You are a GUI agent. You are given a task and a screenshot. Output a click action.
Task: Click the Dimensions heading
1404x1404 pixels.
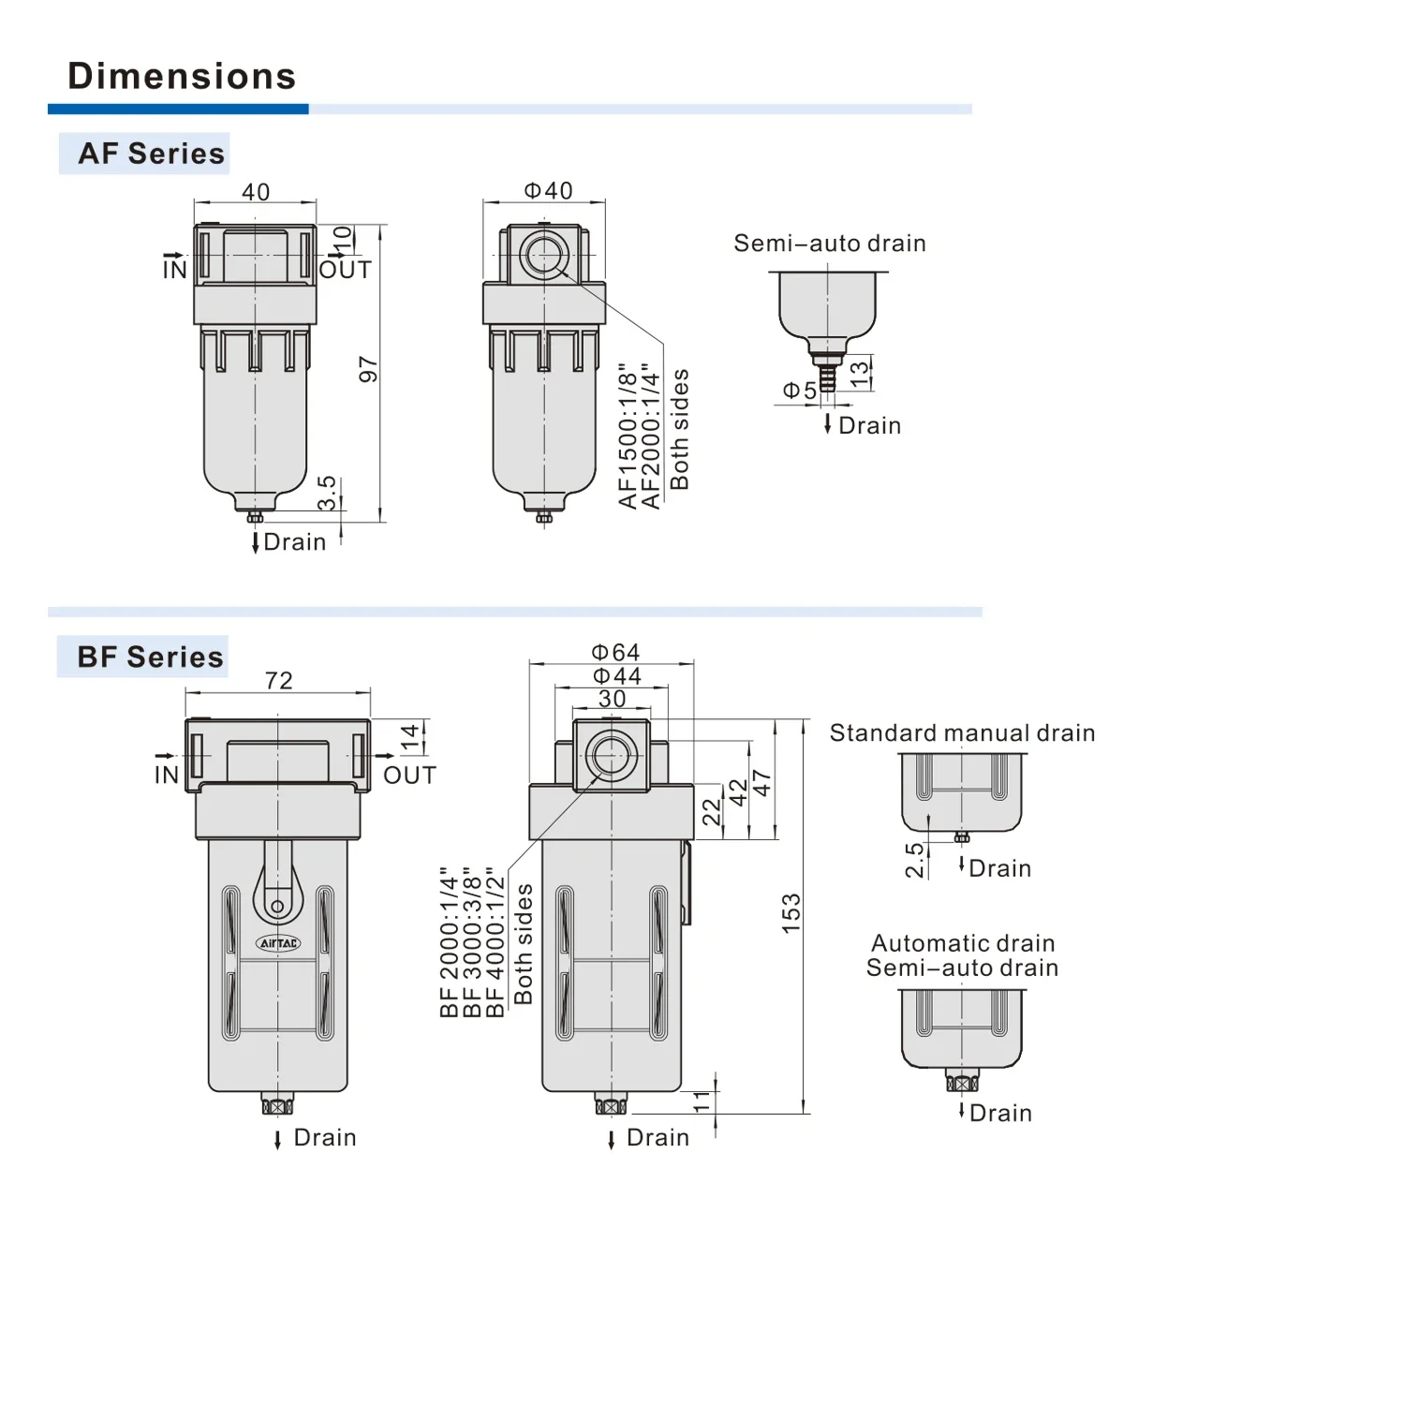click(x=182, y=76)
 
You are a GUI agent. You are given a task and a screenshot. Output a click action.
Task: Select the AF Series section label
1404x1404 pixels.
click(x=151, y=154)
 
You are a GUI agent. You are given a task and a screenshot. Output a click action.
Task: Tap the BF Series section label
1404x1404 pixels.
click(x=150, y=657)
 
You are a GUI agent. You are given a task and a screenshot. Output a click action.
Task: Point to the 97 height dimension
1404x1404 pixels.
click(x=368, y=369)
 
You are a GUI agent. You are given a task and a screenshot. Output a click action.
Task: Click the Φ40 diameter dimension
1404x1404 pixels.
click(x=548, y=191)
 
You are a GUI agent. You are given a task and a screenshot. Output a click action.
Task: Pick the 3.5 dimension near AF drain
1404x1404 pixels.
click(x=326, y=493)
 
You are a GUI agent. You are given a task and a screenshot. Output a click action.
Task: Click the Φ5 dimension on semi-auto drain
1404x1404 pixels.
click(x=799, y=391)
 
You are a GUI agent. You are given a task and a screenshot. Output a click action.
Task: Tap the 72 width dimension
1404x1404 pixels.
click(x=278, y=680)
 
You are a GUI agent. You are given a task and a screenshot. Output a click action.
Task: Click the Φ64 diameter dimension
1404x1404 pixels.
click(x=615, y=652)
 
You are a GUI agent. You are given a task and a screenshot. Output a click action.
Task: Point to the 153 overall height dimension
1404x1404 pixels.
click(x=791, y=912)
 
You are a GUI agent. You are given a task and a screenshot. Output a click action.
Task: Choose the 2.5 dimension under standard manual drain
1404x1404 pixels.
click(x=914, y=860)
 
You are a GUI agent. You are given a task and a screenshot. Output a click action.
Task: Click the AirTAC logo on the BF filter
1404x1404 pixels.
click(x=278, y=943)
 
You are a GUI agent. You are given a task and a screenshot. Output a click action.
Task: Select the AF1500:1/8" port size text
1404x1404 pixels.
click(x=628, y=436)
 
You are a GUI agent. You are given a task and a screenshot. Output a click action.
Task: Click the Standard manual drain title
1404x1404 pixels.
click(x=962, y=732)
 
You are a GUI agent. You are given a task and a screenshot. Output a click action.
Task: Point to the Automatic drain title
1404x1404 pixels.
click(x=963, y=943)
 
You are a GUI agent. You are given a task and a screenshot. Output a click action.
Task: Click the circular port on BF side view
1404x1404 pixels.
click(x=612, y=755)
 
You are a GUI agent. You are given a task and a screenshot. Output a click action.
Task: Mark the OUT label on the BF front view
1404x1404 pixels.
click(x=409, y=776)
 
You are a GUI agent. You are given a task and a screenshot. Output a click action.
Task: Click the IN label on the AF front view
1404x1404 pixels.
click(x=174, y=270)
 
